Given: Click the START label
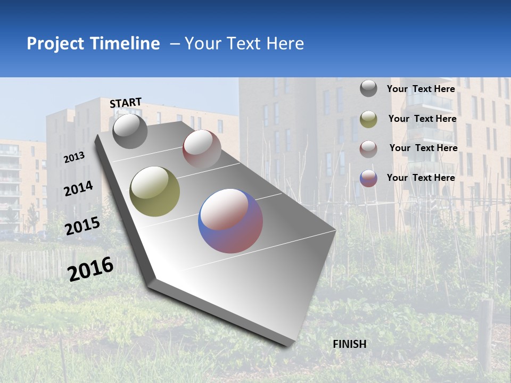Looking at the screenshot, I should [x=126, y=103].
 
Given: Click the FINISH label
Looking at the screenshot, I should [x=350, y=344].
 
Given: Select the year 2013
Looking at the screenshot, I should [x=75, y=157].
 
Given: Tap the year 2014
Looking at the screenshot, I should [x=79, y=189].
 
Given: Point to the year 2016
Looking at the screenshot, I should [x=91, y=269].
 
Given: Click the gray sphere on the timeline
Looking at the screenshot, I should [x=130, y=131].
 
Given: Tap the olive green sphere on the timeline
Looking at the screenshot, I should [x=155, y=191].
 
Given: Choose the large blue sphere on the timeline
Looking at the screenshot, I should [x=230, y=220].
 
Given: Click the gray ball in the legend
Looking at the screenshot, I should [x=368, y=89].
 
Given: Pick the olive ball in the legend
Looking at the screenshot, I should [x=368, y=119].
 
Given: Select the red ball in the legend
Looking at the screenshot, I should [x=368, y=148].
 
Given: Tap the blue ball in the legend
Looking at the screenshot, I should [x=368, y=178].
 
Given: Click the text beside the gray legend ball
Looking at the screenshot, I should [x=421, y=89].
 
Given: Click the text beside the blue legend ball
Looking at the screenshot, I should [x=421, y=178].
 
